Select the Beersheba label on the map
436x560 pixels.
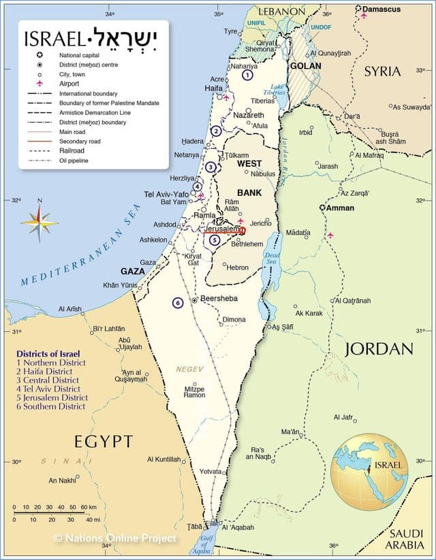(219, 299)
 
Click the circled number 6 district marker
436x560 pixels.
(178, 303)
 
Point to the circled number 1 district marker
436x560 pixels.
(247, 76)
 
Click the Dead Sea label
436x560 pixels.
(272, 257)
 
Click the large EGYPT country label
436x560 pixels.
(104, 442)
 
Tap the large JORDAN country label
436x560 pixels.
(379, 349)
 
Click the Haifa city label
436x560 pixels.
(214, 88)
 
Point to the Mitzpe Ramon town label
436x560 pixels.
(194, 391)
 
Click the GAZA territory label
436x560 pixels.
(134, 271)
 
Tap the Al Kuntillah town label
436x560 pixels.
(164, 459)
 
